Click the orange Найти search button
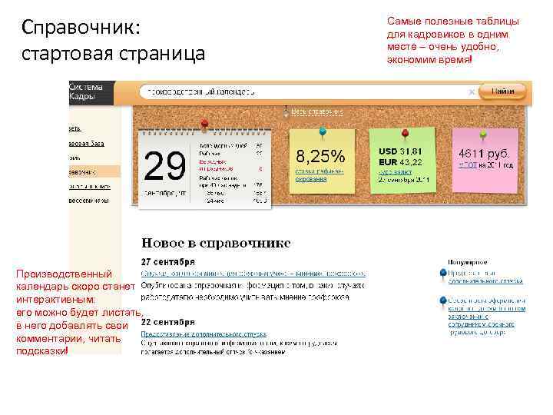(503, 91)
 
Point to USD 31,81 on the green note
(400, 151)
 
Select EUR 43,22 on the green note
(400, 163)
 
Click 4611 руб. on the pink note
(484, 154)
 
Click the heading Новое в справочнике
(216, 244)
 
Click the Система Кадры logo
(85, 91)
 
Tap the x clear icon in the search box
(472, 91)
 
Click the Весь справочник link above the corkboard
(314, 112)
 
